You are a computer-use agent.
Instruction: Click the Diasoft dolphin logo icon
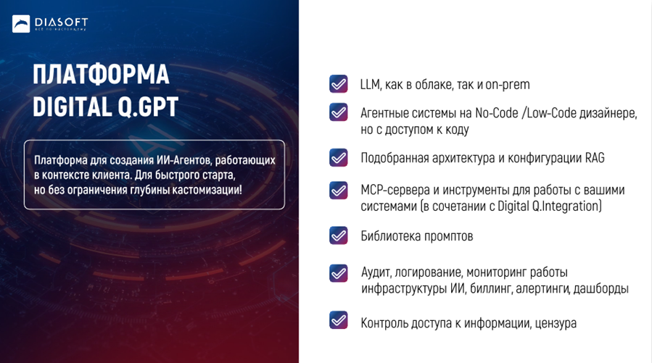click(21, 24)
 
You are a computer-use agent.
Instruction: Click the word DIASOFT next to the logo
click(61, 22)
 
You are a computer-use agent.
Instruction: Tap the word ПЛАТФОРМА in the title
click(101, 75)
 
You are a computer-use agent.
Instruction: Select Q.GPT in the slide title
click(148, 107)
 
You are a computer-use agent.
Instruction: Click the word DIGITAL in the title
click(73, 107)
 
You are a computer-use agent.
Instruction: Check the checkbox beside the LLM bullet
click(339, 84)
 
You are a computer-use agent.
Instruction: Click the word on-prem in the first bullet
click(507, 85)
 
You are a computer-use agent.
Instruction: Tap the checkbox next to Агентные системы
click(339, 112)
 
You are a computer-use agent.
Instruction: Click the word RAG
click(595, 158)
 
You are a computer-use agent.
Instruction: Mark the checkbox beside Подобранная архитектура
click(339, 157)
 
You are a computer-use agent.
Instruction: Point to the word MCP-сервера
click(395, 190)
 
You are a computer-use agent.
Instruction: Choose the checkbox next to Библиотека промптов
click(339, 235)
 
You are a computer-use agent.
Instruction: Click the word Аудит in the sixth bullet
click(376, 272)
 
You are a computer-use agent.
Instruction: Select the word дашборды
click(601, 288)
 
